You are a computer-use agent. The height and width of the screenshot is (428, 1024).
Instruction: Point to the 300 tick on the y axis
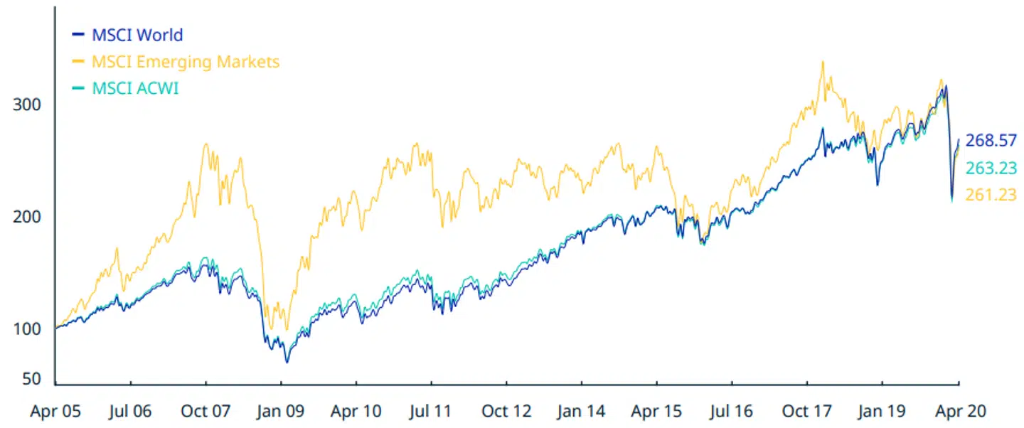pyautogui.click(x=28, y=105)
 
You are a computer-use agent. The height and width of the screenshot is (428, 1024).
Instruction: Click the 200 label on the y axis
pyautogui.click(x=28, y=217)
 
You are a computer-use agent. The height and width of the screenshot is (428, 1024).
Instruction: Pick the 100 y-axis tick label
pyautogui.click(x=28, y=329)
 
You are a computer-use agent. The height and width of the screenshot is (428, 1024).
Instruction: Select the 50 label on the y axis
pyautogui.click(x=32, y=379)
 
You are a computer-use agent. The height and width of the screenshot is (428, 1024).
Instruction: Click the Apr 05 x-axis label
pyautogui.click(x=55, y=411)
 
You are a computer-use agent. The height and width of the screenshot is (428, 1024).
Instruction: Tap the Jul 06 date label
pyautogui.click(x=131, y=411)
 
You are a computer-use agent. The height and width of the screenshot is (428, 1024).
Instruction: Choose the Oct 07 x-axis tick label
pyautogui.click(x=206, y=411)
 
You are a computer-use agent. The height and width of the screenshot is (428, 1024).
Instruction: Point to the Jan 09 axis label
pyautogui.click(x=281, y=411)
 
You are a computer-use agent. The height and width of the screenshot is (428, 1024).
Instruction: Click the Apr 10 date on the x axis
pyautogui.click(x=356, y=411)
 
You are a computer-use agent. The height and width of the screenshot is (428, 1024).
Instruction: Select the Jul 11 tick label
pyautogui.click(x=431, y=411)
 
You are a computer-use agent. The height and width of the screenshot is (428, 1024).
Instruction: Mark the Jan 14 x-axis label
pyautogui.click(x=582, y=411)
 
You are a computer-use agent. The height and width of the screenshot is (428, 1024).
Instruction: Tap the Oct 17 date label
pyautogui.click(x=807, y=411)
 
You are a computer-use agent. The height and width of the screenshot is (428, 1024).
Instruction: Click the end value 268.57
pyautogui.click(x=991, y=141)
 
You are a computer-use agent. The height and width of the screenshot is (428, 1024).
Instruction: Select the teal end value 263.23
pyautogui.click(x=991, y=168)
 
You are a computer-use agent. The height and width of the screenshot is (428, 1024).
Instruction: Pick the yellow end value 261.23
pyautogui.click(x=991, y=195)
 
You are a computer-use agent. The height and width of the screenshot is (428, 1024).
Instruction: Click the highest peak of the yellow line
pyautogui.click(x=822, y=62)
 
